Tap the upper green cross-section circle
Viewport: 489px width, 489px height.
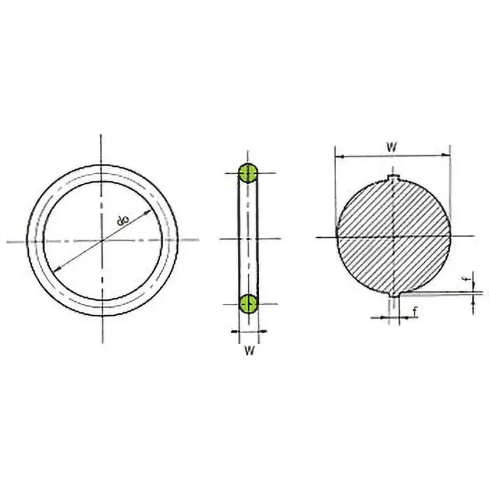coord(248,173)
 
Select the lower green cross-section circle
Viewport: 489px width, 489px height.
coord(248,303)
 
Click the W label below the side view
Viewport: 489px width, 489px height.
coord(248,350)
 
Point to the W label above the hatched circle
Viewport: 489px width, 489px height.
coord(392,147)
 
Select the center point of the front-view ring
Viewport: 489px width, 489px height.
coord(103,241)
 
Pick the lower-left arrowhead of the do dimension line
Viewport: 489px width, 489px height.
coord(57,270)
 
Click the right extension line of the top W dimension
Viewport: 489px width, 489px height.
coord(450,183)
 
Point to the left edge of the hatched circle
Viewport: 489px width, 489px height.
coord(337,235)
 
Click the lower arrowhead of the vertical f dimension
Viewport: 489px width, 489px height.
coord(474,299)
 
